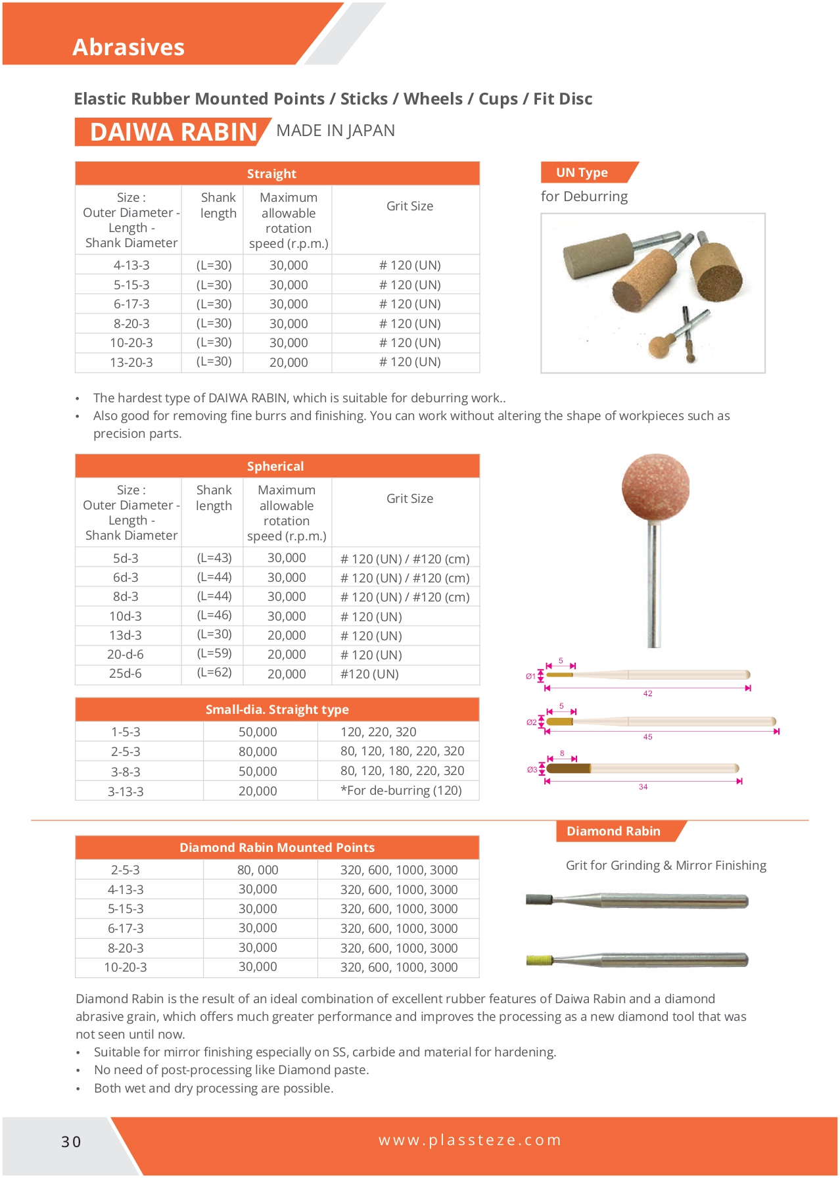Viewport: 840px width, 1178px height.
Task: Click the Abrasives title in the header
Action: pyautogui.click(x=128, y=47)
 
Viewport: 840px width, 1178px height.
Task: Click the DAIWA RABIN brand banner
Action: pyautogui.click(x=173, y=132)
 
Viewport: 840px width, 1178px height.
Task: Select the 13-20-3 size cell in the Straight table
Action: pyautogui.click(x=131, y=362)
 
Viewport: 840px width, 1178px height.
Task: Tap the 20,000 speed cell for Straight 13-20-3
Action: pyautogui.click(x=289, y=362)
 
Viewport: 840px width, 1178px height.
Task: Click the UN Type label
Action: pyautogui.click(x=582, y=173)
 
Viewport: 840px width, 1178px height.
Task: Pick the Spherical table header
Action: pyautogui.click(x=276, y=466)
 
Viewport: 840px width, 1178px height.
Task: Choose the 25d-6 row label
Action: pyautogui.click(x=125, y=674)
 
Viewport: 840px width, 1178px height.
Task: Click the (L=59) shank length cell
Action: pyautogui.click(x=214, y=654)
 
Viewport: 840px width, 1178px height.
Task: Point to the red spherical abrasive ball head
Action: pyautogui.click(x=655, y=487)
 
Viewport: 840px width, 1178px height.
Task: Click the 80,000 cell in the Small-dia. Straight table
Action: pyautogui.click(x=258, y=751)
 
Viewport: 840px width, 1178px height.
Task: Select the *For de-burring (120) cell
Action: pyautogui.click(x=401, y=791)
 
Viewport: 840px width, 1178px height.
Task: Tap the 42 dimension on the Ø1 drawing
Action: pyautogui.click(x=648, y=694)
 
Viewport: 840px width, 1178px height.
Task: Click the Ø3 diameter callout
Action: pyautogui.click(x=532, y=769)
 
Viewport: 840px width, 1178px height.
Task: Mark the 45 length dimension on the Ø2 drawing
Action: pyautogui.click(x=648, y=737)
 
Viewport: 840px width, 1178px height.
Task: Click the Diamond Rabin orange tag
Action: pyautogui.click(x=613, y=832)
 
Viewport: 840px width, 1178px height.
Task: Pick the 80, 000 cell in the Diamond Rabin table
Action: pyautogui.click(x=258, y=870)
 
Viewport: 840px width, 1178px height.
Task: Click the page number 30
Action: pyautogui.click(x=71, y=1142)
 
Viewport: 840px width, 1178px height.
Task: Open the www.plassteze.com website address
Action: pyautogui.click(x=470, y=1140)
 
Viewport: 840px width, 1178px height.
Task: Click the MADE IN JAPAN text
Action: pyautogui.click(x=335, y=131)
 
